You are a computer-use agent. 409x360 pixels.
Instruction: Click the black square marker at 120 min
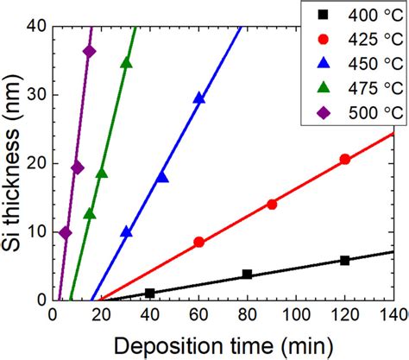point(345,260)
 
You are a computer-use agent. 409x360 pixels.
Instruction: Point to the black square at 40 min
point(150,293)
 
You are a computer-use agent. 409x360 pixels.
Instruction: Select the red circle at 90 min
point(272,204)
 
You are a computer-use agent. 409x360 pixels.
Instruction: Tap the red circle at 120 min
point(345,159)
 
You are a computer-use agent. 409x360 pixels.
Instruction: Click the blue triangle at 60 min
point(199,98)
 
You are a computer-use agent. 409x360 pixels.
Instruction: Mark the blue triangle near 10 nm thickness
point(126,231)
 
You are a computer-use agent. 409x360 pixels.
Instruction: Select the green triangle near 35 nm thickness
point(126,62)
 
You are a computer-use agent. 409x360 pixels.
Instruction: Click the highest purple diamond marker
point(89,51)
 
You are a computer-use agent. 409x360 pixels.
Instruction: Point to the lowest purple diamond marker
point(65,232)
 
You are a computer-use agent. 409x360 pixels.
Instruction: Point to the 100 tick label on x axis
point(296,316)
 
